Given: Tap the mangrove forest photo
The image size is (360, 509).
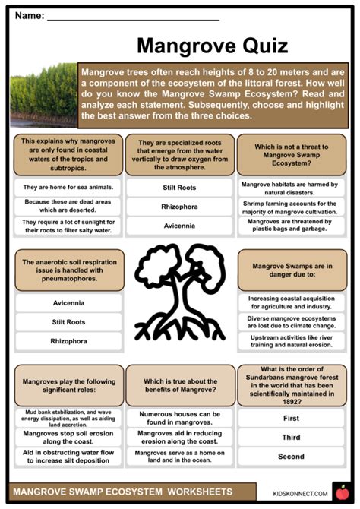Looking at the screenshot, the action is tap(43, 95).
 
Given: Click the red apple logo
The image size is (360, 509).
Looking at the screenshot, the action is tap(343, 492).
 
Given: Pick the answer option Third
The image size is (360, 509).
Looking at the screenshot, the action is tap(291, 437).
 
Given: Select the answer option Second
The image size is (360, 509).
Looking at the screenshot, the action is tap(291, 457).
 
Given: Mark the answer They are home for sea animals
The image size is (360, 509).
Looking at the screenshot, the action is tap(68, 187).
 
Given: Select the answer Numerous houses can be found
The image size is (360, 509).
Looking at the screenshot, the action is tap(179, 417).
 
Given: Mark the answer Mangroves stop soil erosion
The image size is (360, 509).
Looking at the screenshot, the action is tap(68, 437).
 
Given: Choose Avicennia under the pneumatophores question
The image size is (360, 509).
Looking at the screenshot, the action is tap(68, 302).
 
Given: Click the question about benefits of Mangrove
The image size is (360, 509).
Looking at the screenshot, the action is tap(179, 386).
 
